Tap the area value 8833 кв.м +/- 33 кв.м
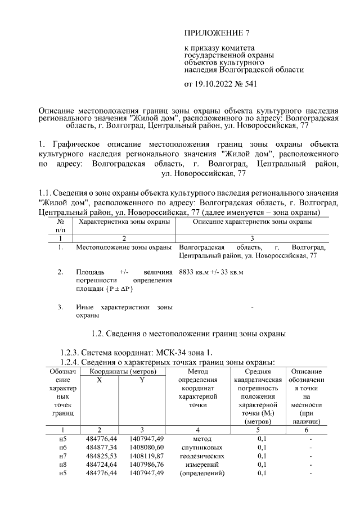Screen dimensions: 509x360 (210, 272)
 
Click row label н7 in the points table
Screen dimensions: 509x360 (63, 456)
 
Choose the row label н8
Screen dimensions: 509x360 (63, 465)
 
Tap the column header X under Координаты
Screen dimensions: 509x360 (100, 380)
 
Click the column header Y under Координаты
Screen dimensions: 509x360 (142, 380)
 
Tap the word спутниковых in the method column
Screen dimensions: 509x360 (201, 448)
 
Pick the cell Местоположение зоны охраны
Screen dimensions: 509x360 (124, 247)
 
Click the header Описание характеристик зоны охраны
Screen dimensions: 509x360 (252, 223)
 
